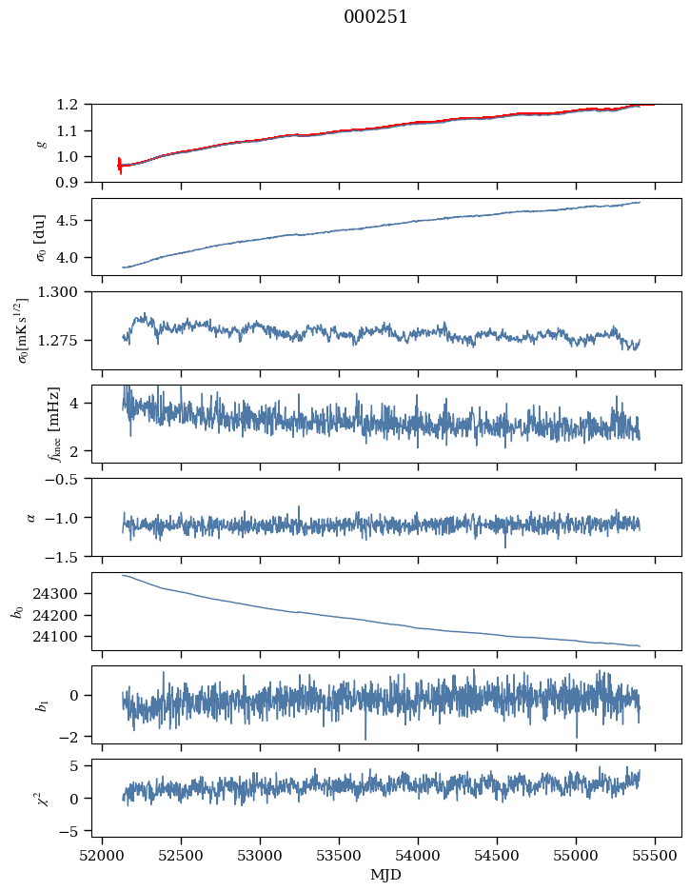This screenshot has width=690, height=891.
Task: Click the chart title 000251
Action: pyautogui.click(x=376, y=17)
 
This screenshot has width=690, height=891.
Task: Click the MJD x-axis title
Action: pyautogui.click(x=386, y=875)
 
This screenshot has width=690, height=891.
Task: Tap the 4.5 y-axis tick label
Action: pyautogui.click(x=73, y=221)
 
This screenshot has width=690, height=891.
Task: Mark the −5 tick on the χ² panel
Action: pyautogui.click(x=72, y=831)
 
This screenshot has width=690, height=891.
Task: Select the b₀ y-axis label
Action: pyautogui.click(x=16, y=611)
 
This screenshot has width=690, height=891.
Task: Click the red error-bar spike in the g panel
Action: pyautogui.click(x=120, y=166)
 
